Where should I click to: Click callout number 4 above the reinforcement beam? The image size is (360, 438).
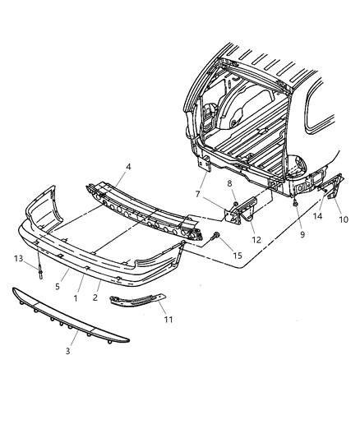pos(128,167)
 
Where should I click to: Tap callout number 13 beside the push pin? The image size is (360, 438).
pos(18,259)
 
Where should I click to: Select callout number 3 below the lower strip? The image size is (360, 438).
pos(68,351)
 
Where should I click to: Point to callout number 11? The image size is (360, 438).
pos(168,320)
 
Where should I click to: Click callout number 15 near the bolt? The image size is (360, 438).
pos(238,256)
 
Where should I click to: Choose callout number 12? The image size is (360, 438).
pos(256,240)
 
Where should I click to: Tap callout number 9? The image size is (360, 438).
pos(302,234)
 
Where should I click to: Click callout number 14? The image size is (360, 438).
pos(317,216)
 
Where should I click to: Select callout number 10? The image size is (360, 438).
pos(344,219)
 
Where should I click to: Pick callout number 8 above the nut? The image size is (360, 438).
pos(229,183)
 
